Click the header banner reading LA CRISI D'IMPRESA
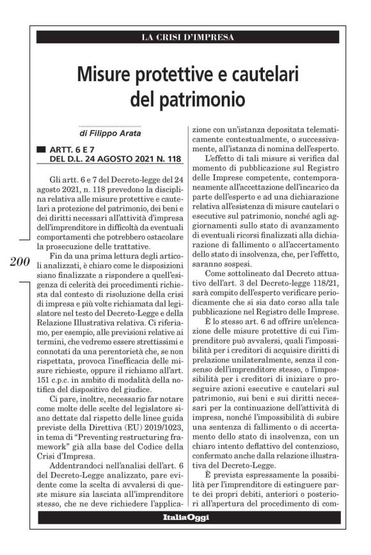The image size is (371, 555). [x=187, y=38]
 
